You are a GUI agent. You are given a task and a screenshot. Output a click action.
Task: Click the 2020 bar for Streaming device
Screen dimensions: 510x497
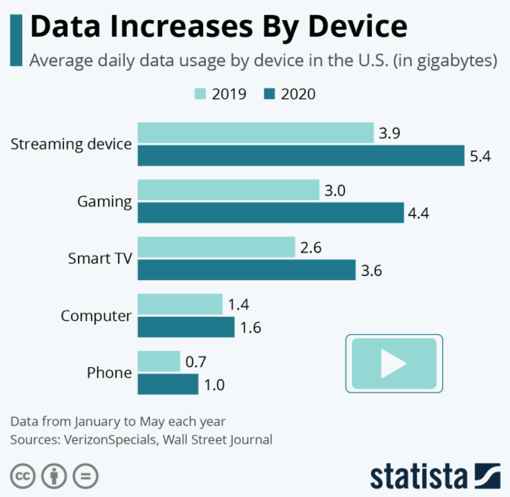(301, 156)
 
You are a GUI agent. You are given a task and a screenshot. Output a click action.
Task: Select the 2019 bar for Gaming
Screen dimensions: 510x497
(228, 190)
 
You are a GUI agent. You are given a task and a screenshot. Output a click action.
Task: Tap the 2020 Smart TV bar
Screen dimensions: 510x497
(246, 270)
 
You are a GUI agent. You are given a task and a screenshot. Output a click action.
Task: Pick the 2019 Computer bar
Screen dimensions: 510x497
(180, 304)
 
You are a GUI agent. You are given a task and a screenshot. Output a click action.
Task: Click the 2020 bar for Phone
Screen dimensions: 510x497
(168, 384)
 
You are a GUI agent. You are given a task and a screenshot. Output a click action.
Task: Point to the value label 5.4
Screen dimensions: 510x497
(480, 156)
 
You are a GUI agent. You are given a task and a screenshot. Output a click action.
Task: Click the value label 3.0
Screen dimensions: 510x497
(335, 190)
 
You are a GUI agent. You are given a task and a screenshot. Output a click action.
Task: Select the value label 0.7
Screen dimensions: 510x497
(196, 362)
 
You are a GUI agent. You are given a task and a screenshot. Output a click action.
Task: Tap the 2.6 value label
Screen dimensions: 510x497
(311, 247)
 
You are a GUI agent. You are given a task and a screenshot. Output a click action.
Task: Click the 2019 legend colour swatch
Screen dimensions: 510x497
(200, 94)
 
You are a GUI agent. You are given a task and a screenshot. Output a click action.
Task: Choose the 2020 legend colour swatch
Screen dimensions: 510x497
(269, 94)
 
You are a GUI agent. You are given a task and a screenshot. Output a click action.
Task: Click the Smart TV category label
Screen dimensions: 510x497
(100, 258)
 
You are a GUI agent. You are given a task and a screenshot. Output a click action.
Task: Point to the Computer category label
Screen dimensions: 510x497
(97, 316)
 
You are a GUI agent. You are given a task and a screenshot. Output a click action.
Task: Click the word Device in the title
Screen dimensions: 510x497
(357, 27)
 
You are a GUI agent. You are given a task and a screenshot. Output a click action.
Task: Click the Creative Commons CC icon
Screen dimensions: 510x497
(23, 476)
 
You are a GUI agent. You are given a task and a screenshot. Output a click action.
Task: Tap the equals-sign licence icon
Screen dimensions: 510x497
(86, 476)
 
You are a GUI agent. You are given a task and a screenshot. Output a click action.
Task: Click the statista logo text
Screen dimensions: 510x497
(419, 476)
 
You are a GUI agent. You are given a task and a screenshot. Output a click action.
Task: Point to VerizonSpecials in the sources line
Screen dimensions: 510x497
(111, 440)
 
